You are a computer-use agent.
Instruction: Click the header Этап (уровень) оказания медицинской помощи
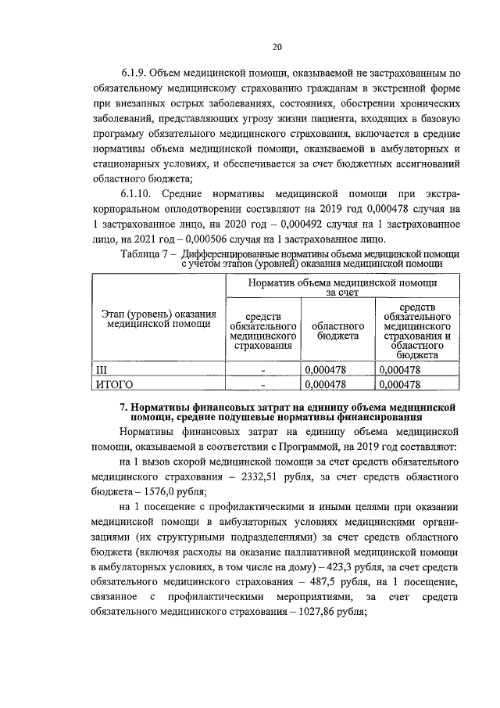click(159, 318)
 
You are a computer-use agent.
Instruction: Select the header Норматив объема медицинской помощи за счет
click(338, 286)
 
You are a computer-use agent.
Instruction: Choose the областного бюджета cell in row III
click(327, 369)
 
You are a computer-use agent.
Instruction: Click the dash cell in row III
click(263, 369)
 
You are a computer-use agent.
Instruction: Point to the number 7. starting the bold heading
click(123, 407)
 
